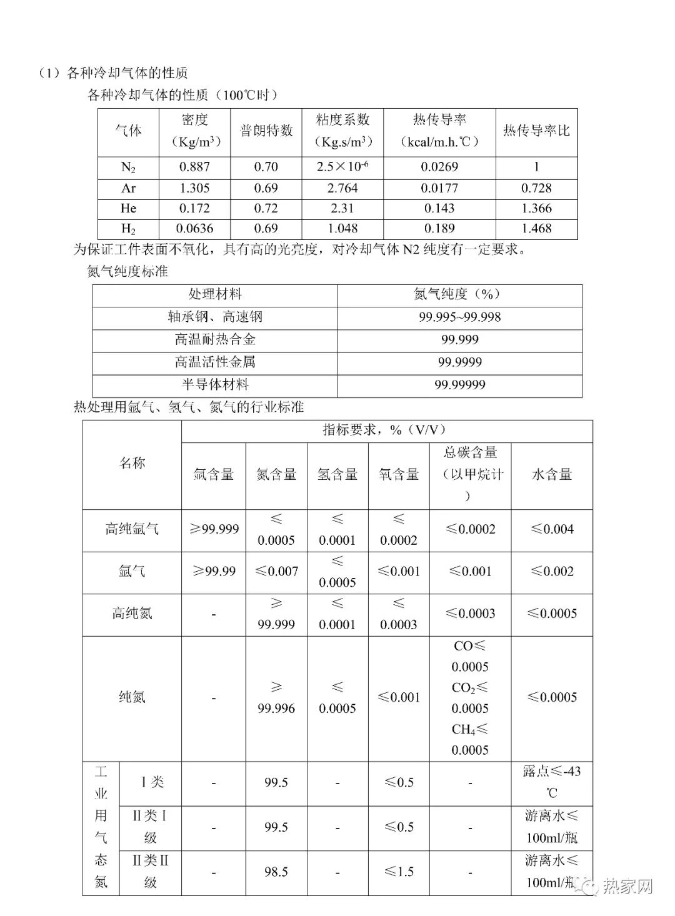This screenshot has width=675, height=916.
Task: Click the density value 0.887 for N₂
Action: pos(194,167)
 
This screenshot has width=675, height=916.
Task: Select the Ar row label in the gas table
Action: pos(128,188)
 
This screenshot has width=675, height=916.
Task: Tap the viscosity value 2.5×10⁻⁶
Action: pos(342,167)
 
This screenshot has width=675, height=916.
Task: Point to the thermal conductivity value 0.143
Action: pos(439,208)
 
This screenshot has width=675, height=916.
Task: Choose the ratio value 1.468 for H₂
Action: pos(536,229)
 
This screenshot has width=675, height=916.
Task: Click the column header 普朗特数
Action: pos(266,131)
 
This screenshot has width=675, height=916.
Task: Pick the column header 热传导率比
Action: pos(536,131)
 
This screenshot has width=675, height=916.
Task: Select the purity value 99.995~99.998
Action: pos(459,317)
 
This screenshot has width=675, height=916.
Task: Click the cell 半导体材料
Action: pos(215,385)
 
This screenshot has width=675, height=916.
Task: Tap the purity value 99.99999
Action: pos(459,385)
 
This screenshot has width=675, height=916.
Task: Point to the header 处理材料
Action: pos(215,294)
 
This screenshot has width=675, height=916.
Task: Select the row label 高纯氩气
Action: pos(132,529)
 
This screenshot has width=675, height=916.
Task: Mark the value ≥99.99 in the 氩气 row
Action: pos(213,571)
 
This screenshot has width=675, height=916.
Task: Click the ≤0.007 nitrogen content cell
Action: pos(276,571)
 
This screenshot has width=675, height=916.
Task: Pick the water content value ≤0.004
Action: pos(552,529)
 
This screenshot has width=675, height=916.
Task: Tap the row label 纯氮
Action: pos(132,697)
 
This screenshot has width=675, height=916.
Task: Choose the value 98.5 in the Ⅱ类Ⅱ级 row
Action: pos(276,872)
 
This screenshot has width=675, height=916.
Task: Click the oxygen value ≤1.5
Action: pos(399,872)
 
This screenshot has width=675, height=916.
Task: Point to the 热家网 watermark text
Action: pos(627,886)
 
